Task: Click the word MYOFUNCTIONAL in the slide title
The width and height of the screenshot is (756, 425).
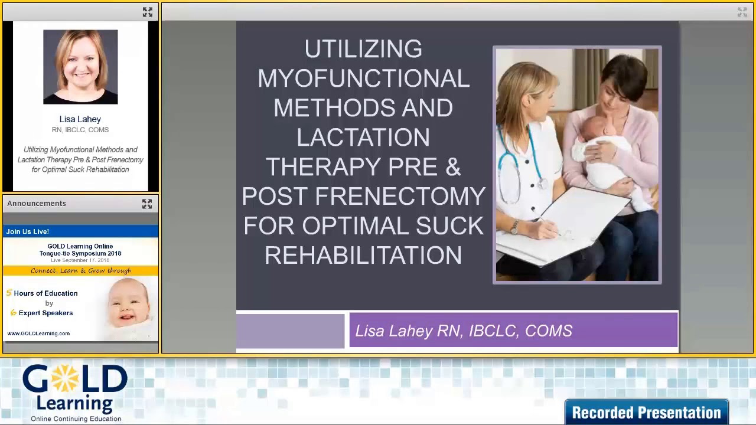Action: (363, 79)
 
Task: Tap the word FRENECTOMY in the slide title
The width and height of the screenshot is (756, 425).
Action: (400, 197)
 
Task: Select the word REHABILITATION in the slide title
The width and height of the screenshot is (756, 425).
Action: (363, 256)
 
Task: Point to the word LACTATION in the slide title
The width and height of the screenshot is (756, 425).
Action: (363, 138)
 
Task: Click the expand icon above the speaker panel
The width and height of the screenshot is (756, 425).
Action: (147, 12)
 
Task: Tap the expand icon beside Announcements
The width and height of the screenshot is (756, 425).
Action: (146, 204)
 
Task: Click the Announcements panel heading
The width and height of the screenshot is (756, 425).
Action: (37, 204)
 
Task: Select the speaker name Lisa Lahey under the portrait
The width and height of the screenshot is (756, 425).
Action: (80, 119)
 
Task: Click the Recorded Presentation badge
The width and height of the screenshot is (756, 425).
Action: (646, 412)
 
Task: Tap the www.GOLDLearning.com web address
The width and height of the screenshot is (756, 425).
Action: (38, 334)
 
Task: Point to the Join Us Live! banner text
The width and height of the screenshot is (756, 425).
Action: (28, 231)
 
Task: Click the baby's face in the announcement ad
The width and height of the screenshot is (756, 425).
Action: (128, 304)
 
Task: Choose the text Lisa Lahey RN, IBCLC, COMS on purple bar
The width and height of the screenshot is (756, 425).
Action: (464, 331)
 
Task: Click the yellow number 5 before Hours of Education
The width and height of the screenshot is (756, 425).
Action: (9, 293)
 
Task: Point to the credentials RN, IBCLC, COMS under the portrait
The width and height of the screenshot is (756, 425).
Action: (80, 130)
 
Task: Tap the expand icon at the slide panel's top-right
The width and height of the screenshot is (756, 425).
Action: (742, 12)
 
